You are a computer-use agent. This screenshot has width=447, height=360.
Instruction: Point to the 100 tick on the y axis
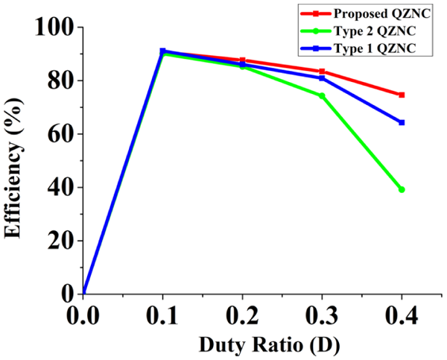coord(53,28)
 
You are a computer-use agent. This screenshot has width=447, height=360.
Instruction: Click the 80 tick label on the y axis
coord(60,80)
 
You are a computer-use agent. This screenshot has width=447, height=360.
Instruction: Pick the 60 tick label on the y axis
coord(60,134)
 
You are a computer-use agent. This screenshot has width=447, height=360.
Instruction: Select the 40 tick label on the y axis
coord(60,187)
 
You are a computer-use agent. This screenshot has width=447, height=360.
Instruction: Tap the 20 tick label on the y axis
coord(60,241)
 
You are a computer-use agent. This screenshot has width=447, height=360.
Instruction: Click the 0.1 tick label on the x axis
coord(162,315)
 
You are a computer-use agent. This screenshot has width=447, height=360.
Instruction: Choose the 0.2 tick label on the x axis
coord(242,315)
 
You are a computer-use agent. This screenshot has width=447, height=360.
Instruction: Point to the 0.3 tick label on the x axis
coord(322,315)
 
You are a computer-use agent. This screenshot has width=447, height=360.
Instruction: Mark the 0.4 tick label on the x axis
coord(401,315)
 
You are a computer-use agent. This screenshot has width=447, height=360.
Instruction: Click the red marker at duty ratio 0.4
coord(402,95)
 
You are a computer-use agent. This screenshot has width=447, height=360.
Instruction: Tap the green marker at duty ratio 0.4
coord(402,189)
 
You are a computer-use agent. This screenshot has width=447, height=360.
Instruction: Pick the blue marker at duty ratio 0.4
coord(402,122)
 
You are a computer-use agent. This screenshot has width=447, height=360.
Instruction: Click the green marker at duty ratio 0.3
coord(322,95)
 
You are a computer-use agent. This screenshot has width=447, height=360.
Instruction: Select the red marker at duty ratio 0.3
coord(322,72)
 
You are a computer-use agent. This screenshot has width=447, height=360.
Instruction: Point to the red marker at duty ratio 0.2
coord(242,60)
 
